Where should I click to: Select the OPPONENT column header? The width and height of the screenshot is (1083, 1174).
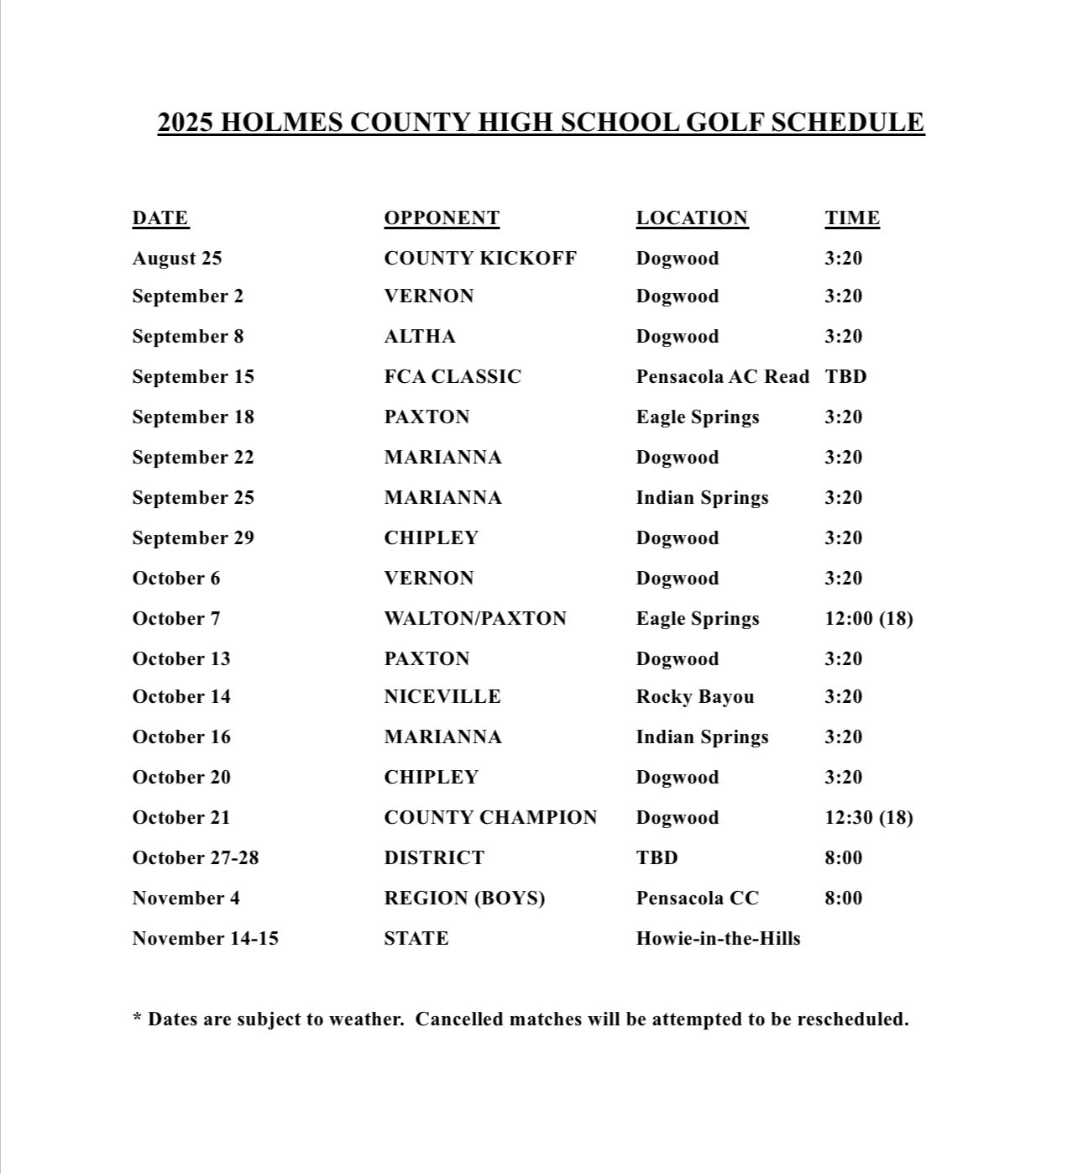[x=442, y=218]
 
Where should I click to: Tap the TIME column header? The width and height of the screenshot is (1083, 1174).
[x=852, y=218]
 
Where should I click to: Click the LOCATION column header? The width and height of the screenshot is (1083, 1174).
[x=692, y=218]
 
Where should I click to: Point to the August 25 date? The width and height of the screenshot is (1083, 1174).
[x=177, y=259]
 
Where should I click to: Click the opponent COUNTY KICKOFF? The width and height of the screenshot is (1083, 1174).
[x=480, y=259]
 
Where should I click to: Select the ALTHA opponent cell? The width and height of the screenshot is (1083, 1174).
[x=420, y=337]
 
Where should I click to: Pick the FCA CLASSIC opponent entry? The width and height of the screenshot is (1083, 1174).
[x=453, y=377]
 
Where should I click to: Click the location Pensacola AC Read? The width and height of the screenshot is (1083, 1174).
[x=722, y=377]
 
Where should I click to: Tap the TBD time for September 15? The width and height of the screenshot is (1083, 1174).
[x=845, y=377]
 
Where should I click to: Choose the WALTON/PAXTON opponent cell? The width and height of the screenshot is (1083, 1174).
[x=475, y=619]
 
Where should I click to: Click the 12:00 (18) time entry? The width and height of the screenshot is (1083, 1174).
[x=869, y=619]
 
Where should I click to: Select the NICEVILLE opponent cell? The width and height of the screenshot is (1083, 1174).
[x=442, y=697]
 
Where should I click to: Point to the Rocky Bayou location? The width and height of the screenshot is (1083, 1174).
[x=695, y=697]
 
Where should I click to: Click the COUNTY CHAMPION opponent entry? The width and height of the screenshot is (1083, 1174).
[x=490, y=818]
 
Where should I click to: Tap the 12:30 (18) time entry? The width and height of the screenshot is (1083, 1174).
[x=869, y=818]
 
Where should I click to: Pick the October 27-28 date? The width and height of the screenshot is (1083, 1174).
[x=196, y=858]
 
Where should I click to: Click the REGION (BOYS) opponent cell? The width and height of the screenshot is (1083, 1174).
[x=464, y=899]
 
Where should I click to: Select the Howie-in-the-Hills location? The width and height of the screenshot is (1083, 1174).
[x=718, y=939]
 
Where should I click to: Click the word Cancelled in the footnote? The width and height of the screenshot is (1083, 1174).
[x=458, y=1019]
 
